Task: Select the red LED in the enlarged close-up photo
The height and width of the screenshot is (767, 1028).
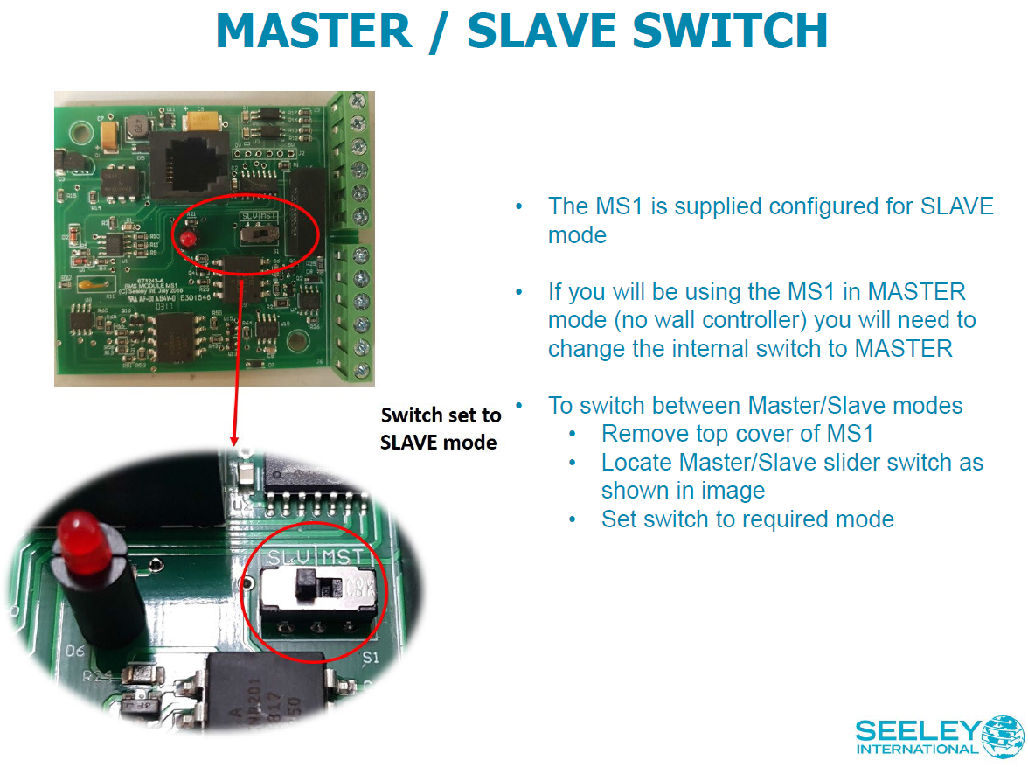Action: (x=77, y=536)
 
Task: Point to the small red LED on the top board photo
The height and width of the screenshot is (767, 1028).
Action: (x=185, y=239)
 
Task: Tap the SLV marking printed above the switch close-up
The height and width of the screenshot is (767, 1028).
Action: (x=289, y=555)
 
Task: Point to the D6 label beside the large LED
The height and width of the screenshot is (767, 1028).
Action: (x=76, y=652)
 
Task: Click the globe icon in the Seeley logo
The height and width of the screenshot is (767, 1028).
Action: (x=1003, y=736)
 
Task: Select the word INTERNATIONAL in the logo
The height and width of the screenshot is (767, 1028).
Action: (x=918, y=750)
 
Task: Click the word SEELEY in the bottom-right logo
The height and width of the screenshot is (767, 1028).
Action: (x=919, y=730)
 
